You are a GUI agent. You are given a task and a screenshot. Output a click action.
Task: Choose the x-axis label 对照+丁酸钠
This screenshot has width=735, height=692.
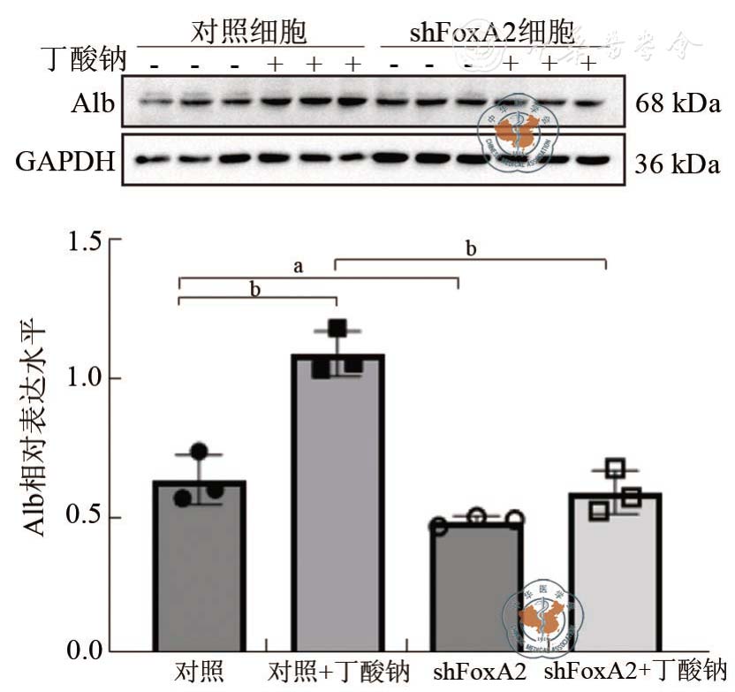(338, 671)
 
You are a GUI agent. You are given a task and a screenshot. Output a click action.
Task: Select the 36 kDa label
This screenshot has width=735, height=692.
(677, 163)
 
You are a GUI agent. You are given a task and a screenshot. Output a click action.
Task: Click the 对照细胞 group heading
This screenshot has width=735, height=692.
(249, 34)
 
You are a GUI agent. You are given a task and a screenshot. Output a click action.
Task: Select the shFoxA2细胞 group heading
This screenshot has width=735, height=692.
(491, 34)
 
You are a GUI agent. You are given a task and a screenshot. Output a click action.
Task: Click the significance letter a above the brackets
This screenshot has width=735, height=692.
(299, 266)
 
